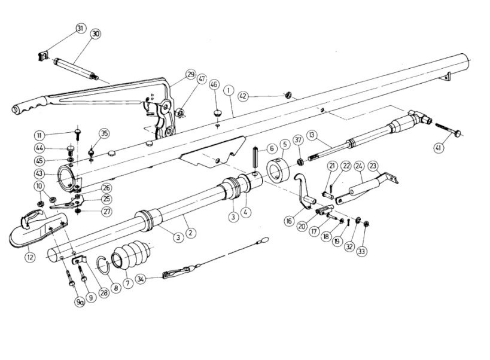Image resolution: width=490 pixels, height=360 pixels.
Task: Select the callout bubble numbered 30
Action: (95, 34)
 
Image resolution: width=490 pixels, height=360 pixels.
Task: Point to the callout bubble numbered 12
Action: (28, 258)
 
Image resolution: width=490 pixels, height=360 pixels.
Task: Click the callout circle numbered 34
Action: (141, 278)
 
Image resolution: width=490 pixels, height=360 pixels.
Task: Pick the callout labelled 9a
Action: (80, 303)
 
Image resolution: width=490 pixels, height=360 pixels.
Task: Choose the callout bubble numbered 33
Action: (361, 252)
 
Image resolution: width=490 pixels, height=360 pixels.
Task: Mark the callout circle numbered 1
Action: (229, 90)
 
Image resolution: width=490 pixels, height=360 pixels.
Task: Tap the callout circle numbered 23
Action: (372, 166)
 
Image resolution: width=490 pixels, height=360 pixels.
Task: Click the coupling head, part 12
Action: (36, 230)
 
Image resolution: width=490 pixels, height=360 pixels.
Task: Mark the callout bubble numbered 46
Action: (214, 85)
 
